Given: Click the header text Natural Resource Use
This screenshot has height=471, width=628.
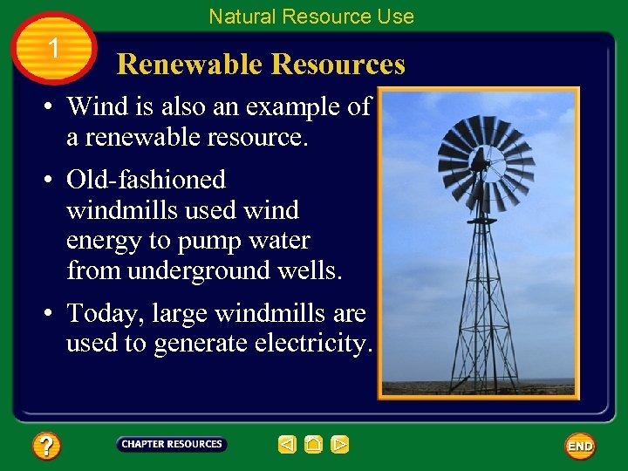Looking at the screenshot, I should point(311,17).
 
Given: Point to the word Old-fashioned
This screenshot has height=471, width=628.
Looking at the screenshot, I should point(146,180).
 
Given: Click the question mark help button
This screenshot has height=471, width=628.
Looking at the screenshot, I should point(46,447).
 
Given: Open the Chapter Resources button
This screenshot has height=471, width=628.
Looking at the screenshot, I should point(172,444).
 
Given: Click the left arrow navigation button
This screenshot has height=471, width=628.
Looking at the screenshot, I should point(287,445).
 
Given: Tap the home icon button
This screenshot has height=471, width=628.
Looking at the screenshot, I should point(314,445).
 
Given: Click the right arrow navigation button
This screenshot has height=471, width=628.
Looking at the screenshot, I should point(340,445).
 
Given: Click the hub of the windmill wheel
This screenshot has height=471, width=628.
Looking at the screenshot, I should point(479,162).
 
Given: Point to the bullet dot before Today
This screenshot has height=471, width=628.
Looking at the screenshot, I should point(53,312).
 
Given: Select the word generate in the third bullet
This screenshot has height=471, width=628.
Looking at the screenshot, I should point(201,344).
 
